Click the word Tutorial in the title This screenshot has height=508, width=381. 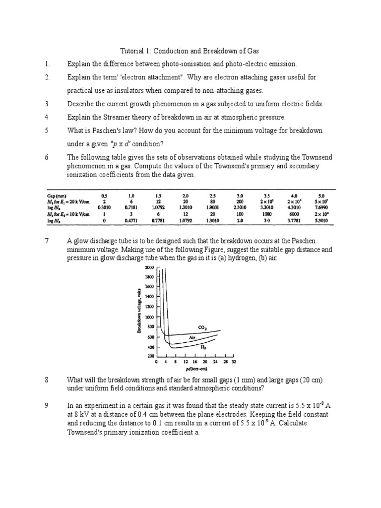click(132, 51)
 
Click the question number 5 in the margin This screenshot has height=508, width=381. click(46, 130)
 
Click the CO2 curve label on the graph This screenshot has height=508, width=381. click(202, 328)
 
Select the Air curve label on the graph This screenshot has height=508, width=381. click(193, 337)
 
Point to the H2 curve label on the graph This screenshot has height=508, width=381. click(203, 348)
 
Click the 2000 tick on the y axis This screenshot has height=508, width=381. click(149, 267)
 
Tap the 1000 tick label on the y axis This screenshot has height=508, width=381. click(149, 317)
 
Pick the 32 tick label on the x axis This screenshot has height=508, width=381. click(233, 363)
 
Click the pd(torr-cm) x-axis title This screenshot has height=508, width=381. click(194, 370)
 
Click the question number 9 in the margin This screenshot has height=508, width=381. click(46, 405)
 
